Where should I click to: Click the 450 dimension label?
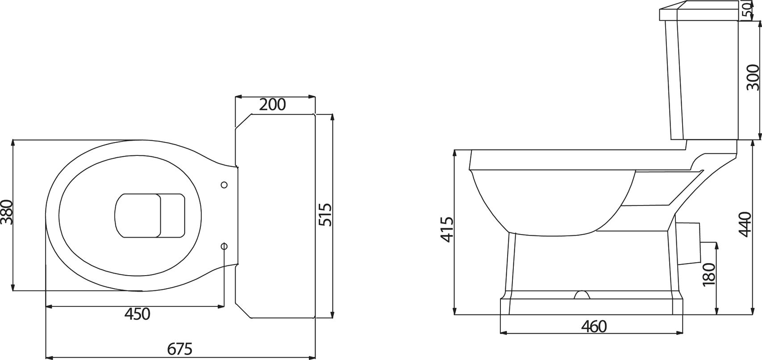[137, 314]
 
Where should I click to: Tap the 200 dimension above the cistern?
[272, 104]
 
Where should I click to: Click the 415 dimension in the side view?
[446, 230]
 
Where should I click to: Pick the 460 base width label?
[594, 327]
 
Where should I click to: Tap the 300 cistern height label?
[752, 77]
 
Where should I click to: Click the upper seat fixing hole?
[224, 185]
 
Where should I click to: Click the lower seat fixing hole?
[224, 246]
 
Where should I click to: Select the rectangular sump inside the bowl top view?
[150, 215]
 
